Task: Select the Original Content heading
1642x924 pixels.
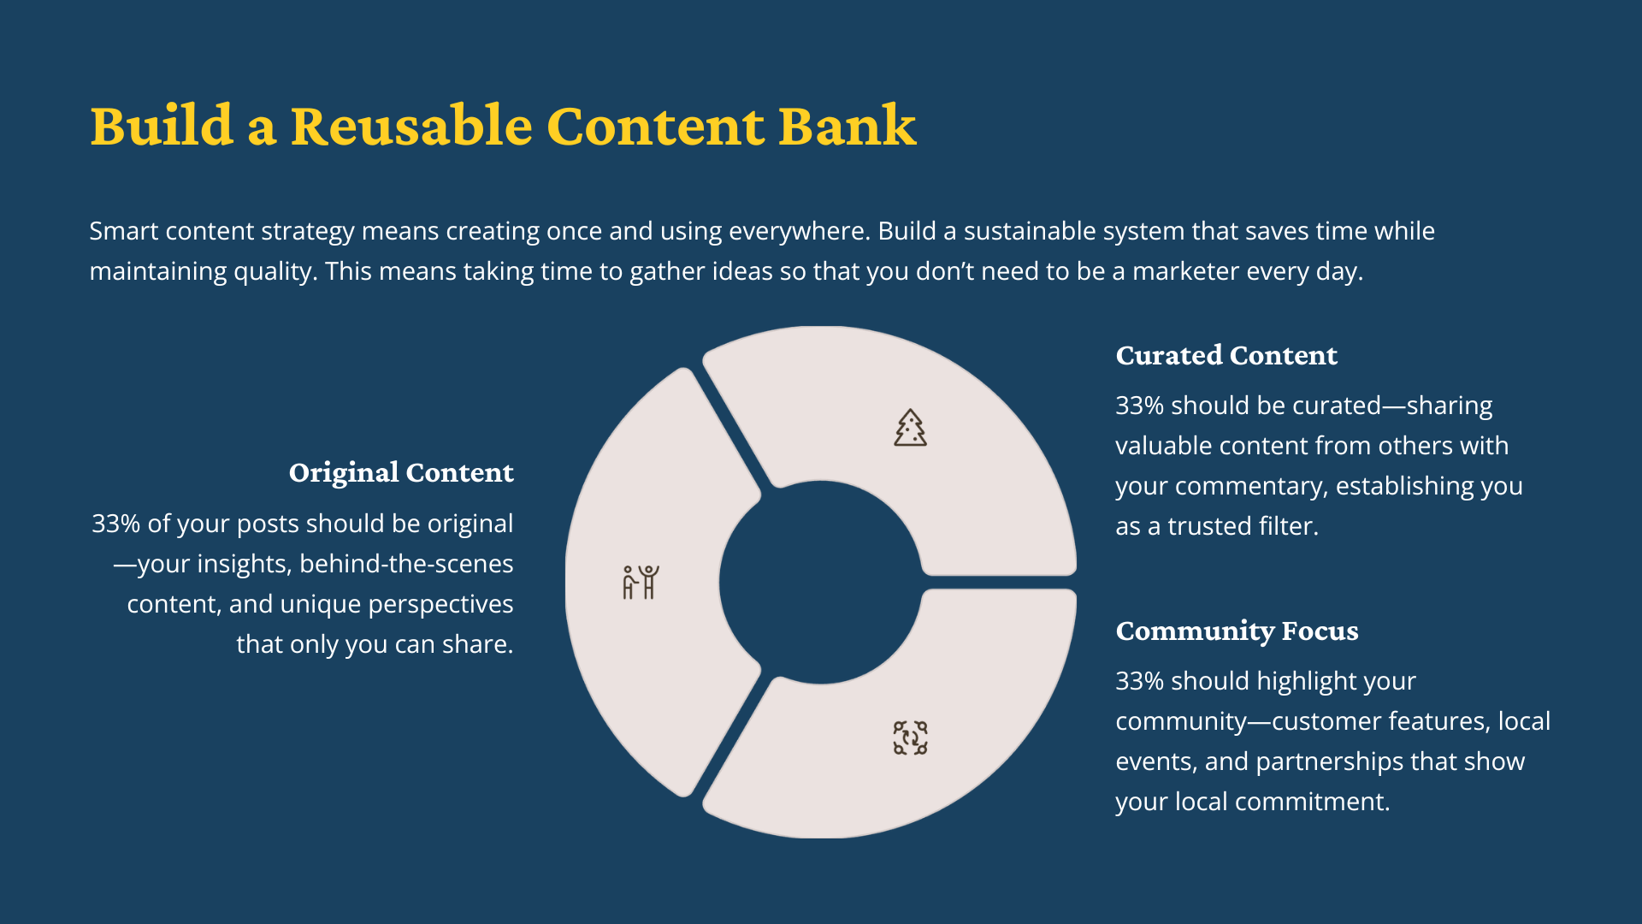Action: (401, 472)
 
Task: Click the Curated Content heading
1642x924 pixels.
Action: (1226, 355)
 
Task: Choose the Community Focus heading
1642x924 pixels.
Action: (1237, 631)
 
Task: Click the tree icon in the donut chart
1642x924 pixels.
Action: (910, 428)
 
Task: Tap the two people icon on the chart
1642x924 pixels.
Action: (641, 582)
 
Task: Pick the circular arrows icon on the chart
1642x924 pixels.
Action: (910, 737)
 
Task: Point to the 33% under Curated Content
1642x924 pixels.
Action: (1139, 406)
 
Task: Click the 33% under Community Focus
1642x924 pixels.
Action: (1139, 681)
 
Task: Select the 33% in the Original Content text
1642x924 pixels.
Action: (115, 524)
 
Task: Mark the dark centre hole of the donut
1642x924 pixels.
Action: (821, 582)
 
